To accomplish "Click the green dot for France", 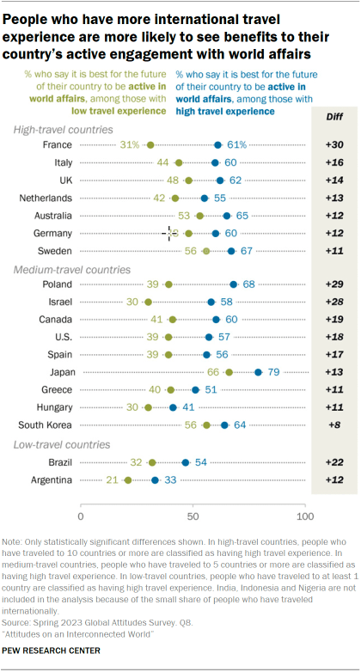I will [150, 145].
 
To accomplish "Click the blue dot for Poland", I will [233, 284].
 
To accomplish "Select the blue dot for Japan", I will [258, 372].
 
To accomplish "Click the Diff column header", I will [330, 114].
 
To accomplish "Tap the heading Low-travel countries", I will [61, 444].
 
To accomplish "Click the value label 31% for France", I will [131, 145].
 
